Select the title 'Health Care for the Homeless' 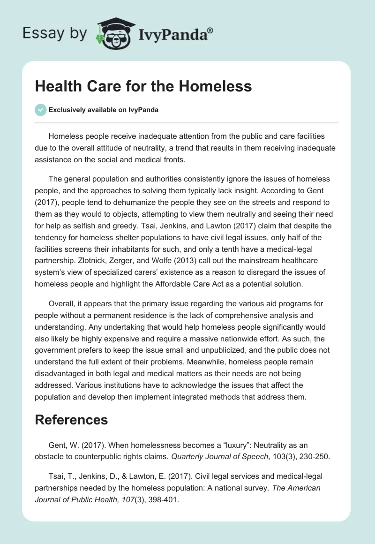[143, 86]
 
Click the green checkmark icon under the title [40, 110]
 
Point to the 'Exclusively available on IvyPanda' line [104, 110]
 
